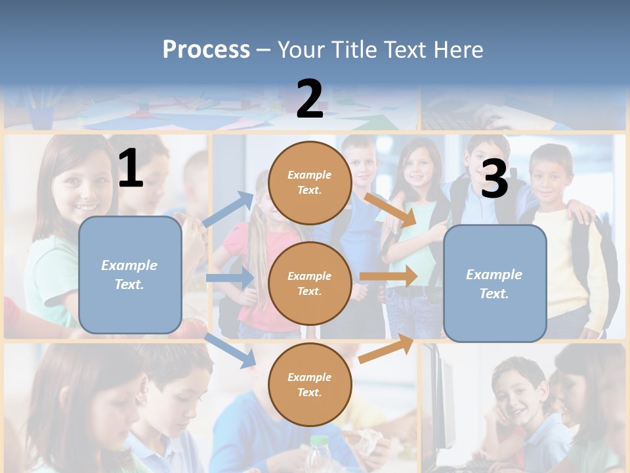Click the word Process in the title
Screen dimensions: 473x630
(x=206, y=49)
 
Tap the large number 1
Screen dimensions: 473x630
(x=131, y=168)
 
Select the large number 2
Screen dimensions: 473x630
(x=310, y=99)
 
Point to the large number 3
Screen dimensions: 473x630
(x=494, y=179)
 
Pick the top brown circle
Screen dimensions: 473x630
(x=310, y=183)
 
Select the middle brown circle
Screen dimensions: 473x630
(x=310, y=284)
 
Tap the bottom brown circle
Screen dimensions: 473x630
(x=310, y=385)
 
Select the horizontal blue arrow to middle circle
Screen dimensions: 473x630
(x=229, y=278)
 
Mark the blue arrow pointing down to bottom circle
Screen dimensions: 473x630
(x=230, y=349)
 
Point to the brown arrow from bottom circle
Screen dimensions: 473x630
(x=387, y=349)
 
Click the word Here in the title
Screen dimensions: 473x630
(x=457, y=49)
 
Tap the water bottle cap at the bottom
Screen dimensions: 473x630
(x=319, y=440)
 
